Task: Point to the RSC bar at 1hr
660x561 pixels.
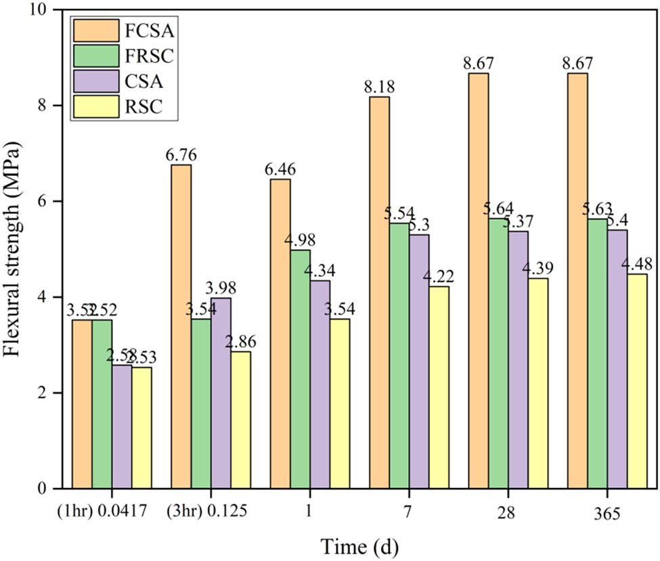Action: tap(142, 427)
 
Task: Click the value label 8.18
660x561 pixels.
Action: tap(380, 87)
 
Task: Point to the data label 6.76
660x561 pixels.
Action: tap(181, 155)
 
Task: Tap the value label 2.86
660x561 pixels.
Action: tap(241, 342)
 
